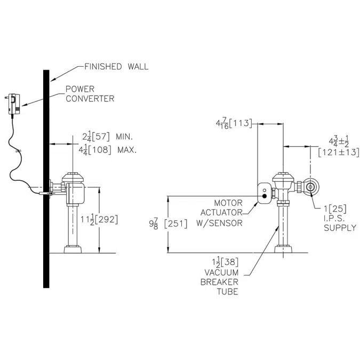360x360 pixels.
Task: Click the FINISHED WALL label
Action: coord(116,67)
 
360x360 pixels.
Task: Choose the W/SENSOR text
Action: coord(223,223)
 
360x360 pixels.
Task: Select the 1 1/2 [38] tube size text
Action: coord(223,262)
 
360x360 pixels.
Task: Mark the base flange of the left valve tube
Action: coord(74,249)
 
